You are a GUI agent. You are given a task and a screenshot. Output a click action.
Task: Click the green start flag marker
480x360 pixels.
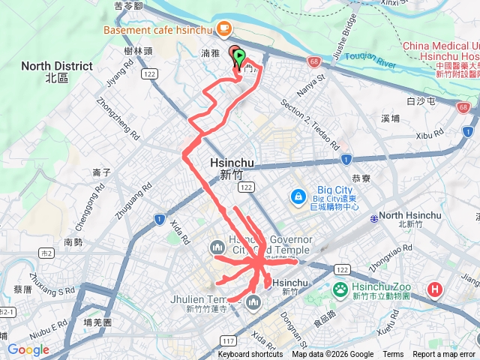click(239, 55)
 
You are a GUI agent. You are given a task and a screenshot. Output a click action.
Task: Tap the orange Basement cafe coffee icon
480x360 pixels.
click(223, 28)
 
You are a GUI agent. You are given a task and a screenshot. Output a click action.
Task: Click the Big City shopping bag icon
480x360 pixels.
click(298, 196)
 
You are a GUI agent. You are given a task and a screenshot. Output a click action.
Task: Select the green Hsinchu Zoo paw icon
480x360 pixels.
click(340, 289)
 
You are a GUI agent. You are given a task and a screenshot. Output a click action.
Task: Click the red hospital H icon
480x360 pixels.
click(435, 289)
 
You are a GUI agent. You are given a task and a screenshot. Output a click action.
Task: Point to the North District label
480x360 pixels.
click(56, 71)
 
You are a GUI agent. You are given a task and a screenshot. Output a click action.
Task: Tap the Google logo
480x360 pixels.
click(28, 349)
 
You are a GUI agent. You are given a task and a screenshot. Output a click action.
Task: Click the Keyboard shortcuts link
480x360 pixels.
click(250, 355)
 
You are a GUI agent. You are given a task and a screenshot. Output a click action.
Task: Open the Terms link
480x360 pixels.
click(393, 355)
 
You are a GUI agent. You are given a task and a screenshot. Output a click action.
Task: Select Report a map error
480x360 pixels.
click(445, 355)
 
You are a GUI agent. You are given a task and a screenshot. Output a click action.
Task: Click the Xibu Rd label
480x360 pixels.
click(430, 135)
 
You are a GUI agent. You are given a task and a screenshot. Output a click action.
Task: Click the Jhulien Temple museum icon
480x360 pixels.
click(253, 303)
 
